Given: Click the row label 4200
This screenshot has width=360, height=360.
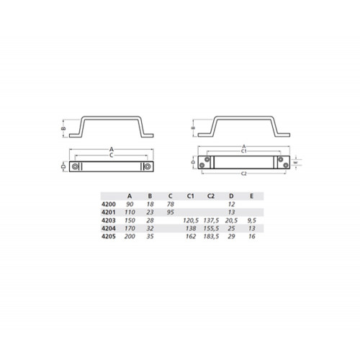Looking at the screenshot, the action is pos(109,204).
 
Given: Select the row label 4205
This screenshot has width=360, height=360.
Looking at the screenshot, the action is pos(109,236).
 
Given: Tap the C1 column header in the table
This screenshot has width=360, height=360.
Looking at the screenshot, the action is pos(190,196).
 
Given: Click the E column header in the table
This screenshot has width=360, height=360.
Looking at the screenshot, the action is pos(251,196).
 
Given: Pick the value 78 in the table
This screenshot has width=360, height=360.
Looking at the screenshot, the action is pos(171,204).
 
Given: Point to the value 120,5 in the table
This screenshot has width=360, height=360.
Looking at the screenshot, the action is pos(191,220).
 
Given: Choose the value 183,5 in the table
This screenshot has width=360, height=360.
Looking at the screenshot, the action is pos(211,236).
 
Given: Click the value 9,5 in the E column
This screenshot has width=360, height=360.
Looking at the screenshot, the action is pos(252,220).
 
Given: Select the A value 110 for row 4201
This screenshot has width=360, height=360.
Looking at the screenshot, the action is pos(130,212).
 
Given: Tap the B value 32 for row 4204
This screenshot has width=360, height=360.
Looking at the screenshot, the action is pos(150,228).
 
